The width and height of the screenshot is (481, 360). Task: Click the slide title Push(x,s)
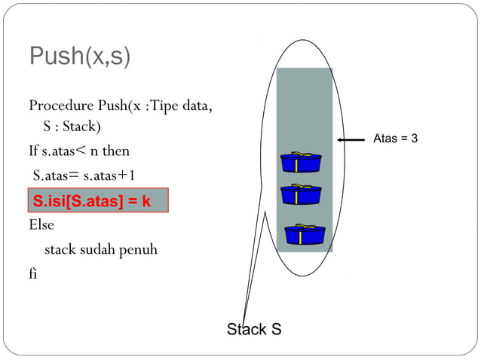point(79,57)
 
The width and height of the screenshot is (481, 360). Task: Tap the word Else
point(41,224)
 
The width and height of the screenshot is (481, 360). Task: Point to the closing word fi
point(33,273)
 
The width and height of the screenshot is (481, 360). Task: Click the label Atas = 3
point(395,139)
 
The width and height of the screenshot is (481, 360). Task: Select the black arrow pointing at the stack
point(351,140)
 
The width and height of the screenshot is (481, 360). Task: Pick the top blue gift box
point(300,162)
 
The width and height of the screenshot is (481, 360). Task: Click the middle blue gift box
point(300,194)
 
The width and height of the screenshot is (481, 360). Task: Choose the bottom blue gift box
point(305,234)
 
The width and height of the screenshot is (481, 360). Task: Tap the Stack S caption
point(254,329)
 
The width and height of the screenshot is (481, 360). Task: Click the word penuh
point(138,249)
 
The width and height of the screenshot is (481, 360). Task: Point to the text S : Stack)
point(72,126)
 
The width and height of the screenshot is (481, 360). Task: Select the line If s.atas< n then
point(79,151)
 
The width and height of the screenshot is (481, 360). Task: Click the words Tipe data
point(181,104)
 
